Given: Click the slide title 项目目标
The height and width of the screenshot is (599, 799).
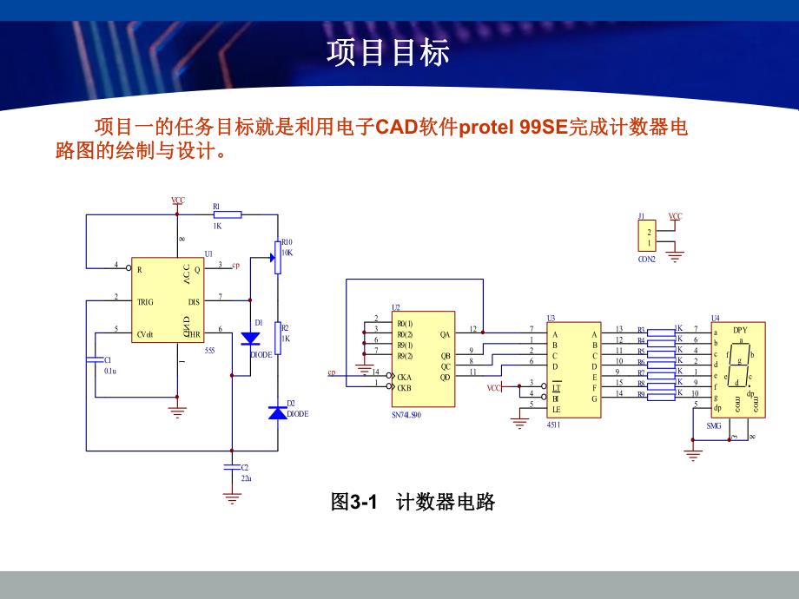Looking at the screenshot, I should [388, 52].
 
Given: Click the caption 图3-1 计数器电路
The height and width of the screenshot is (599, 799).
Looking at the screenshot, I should [413, 502].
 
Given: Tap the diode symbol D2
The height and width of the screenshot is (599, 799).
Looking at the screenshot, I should [278, 413].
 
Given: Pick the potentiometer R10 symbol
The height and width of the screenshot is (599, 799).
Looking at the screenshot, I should [278, 257].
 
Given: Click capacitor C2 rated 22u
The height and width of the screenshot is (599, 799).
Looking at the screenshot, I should [232, 467].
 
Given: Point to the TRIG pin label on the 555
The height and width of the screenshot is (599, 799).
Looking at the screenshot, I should [145, 302].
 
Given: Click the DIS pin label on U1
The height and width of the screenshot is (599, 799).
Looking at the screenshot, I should [194, 302].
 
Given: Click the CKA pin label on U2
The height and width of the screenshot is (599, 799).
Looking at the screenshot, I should [404, 377].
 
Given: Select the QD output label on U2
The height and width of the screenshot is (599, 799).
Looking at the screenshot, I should [446, 377].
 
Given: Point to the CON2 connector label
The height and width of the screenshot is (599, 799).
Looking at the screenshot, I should [647, 259].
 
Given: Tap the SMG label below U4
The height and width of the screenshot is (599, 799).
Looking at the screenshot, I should [714, 426].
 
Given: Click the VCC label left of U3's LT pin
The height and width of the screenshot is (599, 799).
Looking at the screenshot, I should [493, 387].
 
